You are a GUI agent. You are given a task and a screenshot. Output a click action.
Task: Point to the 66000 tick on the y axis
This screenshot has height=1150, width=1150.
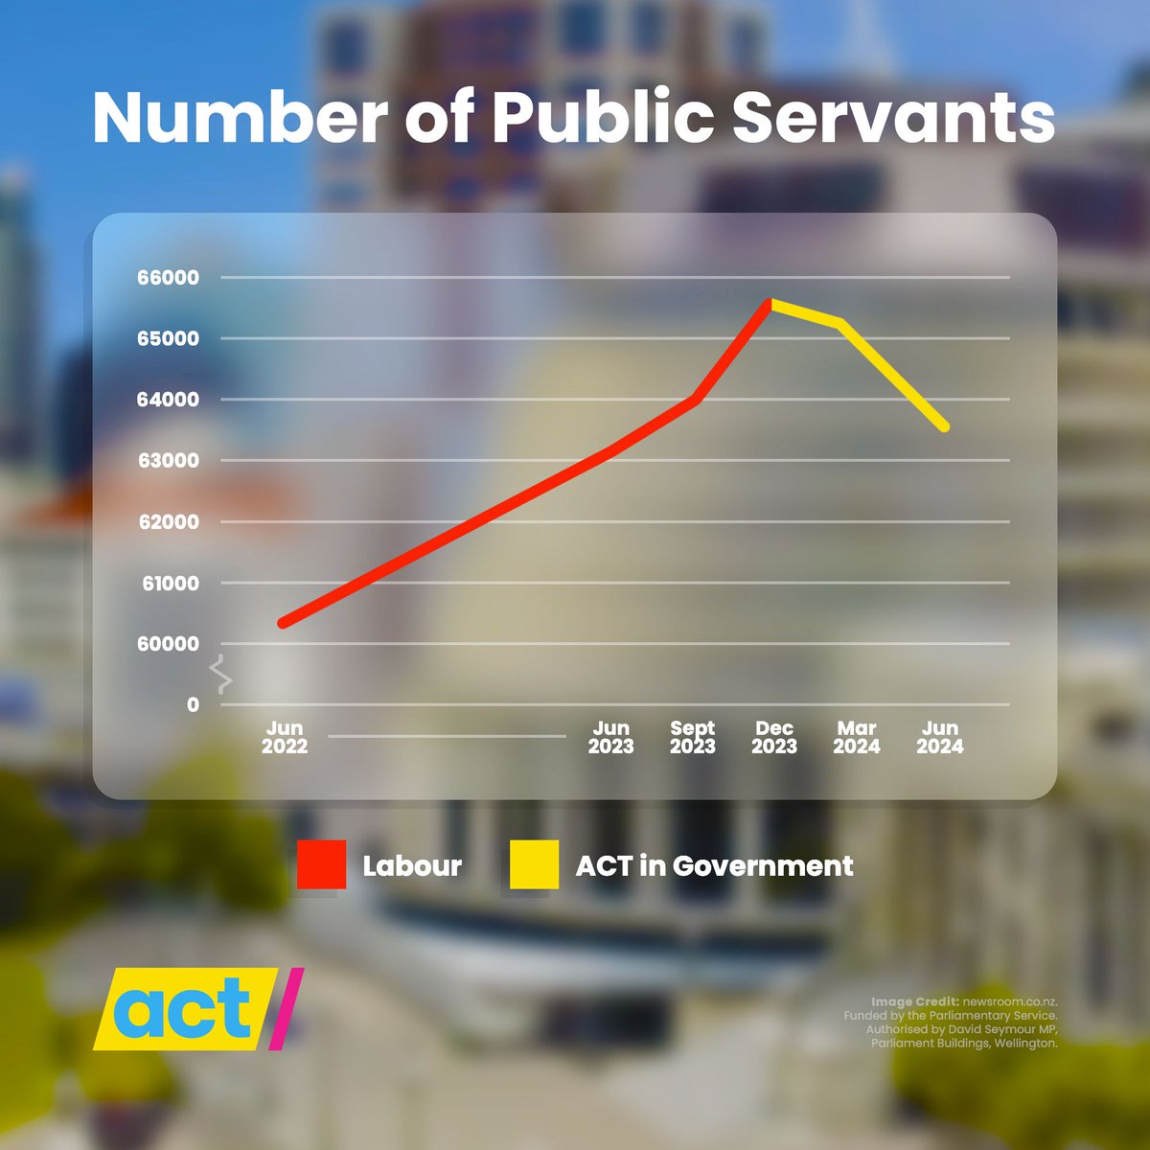(169, 278)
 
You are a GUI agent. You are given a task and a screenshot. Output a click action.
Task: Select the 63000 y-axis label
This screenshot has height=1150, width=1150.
(169, 461)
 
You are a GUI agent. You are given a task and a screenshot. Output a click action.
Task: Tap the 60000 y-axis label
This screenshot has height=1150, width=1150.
(169, 644)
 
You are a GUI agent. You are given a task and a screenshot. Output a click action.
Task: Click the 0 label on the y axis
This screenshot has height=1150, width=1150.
(193, 705)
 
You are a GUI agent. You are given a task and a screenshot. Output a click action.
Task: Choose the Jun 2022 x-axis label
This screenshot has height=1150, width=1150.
(285, 738)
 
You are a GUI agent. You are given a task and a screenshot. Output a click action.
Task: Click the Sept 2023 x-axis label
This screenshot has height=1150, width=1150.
(692, 738)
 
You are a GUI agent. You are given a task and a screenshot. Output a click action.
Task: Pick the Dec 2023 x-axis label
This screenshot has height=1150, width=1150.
(774, 738)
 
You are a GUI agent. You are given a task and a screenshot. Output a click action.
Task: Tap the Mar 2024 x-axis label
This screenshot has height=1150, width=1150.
(856, 738)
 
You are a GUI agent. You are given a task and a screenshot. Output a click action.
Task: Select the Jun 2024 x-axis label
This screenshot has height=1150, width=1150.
(939, 738)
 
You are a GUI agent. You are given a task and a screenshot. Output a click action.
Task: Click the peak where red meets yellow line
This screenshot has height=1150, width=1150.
(770, 303)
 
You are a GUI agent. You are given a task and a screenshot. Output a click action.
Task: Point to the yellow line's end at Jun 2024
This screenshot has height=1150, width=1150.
(945, 427)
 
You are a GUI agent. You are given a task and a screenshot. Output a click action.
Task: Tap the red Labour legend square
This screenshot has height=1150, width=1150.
(321, 865)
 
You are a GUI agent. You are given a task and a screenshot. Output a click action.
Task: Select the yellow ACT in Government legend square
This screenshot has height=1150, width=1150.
(534, 865)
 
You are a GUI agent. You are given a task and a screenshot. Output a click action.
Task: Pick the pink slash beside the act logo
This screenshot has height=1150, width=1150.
(286, 1008)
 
